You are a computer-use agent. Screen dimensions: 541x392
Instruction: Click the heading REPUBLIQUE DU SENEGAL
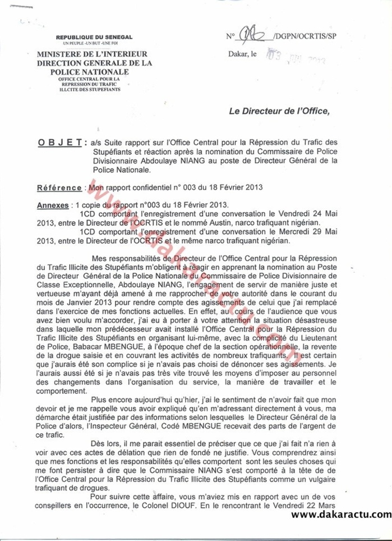tap(94, 37)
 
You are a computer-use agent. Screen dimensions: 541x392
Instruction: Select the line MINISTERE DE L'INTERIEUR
tap(93, 54)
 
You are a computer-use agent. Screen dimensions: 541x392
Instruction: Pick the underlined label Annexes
tap(54, 205)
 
